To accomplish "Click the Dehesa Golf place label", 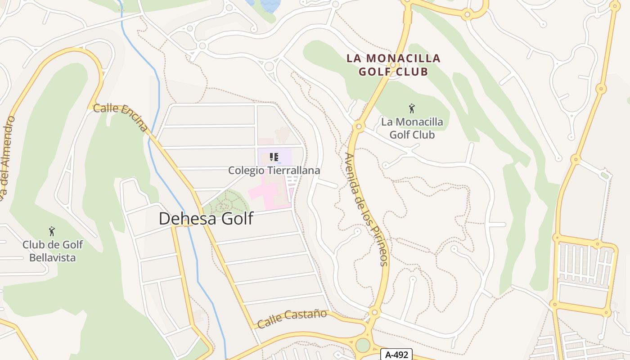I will click(x=206, y=219).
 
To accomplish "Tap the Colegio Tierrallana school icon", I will click(x=274, y=157).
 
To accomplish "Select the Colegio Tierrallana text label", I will click(x=274, y=171).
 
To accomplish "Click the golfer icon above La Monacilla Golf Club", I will click(x=411, y=108).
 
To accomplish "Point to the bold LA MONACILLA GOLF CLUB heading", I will click(x=393, y=65).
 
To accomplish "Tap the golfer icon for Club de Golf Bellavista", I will click(x=52, y=231).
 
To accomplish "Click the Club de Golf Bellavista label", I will click(x=53, y=251).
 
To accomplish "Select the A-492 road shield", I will click(x=396, y=355).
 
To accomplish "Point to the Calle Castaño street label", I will click(x=292, y=318).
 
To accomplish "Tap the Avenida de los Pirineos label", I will click(x=365, y=209).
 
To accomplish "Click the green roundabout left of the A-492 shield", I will click(x=363, y=345).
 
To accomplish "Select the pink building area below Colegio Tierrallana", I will click(x=270, y=193).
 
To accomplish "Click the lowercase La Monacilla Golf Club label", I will click(x=412, y=128).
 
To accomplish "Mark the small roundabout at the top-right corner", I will click(x=615, y=6).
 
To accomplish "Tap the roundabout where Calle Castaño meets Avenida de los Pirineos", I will click(x=374, y=312).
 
